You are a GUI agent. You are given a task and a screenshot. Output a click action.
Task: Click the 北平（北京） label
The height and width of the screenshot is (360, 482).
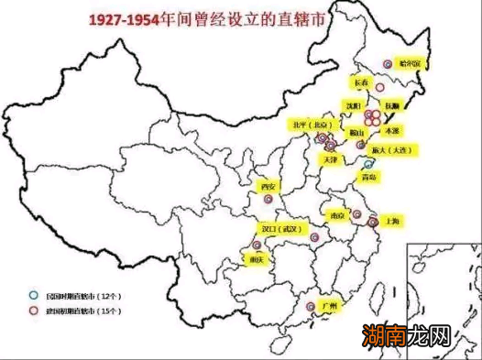click(309, 124)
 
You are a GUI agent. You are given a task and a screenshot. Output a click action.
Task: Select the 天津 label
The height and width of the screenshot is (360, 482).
click(330, 159)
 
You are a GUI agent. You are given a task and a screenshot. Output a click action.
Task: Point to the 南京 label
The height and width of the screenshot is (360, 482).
click(338, 215)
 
